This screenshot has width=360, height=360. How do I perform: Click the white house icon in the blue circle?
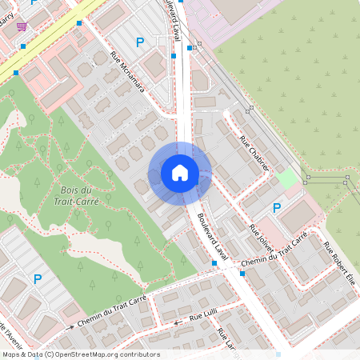coord(180,173)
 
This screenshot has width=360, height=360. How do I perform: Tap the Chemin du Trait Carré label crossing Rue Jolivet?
coord(274,251)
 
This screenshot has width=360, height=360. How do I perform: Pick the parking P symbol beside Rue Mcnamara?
coord(140,42)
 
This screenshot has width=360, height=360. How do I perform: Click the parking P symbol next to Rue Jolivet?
coord(277,208)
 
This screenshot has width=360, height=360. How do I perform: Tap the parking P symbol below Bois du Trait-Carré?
coord(37,278)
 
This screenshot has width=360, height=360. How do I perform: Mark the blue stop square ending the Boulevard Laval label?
coord(215,262)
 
